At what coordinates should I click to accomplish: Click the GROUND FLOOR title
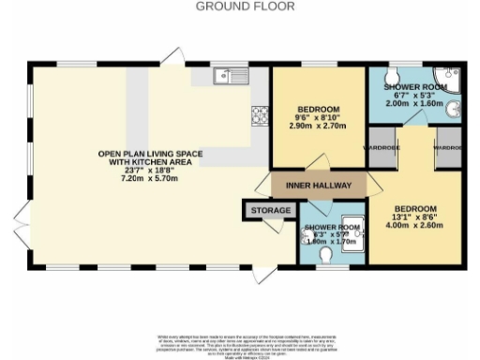pyautogui.click(x=245, y=7)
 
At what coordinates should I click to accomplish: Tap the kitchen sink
pyautogui.click(x=228, y=75)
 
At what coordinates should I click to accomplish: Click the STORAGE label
pyautogui.click(x=269, y=212)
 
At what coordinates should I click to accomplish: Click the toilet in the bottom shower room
pyautogui.click(x=326, y=254)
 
